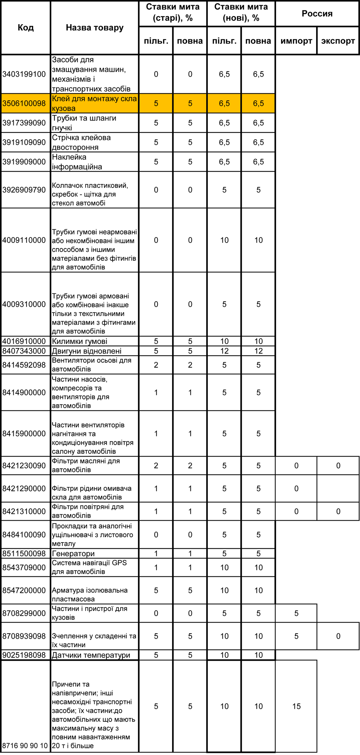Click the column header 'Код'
26,28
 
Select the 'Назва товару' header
94,28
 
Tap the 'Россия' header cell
317,14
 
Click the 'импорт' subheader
296,41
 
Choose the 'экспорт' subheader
338,41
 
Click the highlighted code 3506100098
24,104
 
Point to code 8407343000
24,351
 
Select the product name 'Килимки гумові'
80,341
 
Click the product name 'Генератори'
73,554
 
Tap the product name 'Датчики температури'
91,655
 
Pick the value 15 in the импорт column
296,706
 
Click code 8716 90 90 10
25,746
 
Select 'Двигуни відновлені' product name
87,351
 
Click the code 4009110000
24,240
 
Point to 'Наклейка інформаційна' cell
77,162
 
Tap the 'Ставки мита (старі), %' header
173,13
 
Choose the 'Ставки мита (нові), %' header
241,13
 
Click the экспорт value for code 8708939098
338,636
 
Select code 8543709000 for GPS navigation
24,567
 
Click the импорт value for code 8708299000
296,613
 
